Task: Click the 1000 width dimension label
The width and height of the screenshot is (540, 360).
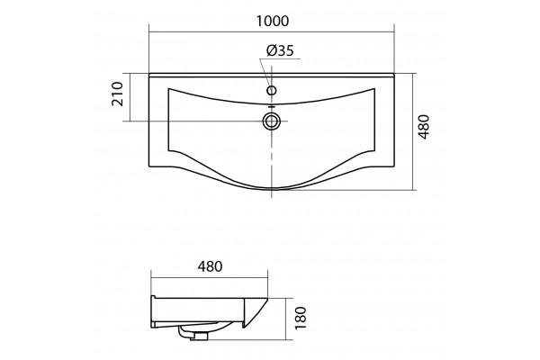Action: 273,22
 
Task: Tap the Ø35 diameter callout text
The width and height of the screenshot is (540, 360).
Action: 280,50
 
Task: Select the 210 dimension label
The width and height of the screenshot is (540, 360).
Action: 117,94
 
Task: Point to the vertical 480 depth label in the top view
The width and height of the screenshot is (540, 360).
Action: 424,127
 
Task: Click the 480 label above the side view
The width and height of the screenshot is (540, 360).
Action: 210,266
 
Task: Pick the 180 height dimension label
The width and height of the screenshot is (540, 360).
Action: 301,318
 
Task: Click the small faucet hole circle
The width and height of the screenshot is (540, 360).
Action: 272,91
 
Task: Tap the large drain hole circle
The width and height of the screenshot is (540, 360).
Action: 272,121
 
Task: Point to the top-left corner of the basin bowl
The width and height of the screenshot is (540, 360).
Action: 168,88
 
